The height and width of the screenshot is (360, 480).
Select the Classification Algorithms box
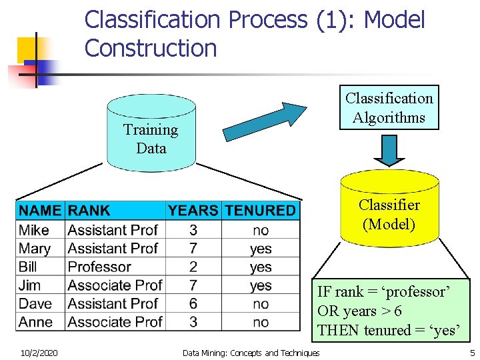click(389, 107)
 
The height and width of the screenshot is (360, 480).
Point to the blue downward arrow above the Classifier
click(389, 151)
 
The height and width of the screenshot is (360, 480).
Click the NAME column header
click(40, 211)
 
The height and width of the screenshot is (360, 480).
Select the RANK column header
click(89, 211)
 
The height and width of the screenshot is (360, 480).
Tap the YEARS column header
click(193, 211)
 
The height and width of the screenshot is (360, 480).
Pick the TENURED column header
click(260, 211)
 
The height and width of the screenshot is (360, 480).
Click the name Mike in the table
click(34, 230)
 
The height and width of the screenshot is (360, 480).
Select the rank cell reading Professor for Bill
click(99, 267)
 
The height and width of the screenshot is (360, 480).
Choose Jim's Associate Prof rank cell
click(115, 285)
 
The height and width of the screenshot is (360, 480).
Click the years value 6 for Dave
click(193, 303)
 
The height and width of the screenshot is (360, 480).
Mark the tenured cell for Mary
click(261, 249)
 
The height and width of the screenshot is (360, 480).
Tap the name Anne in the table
click(36, 322)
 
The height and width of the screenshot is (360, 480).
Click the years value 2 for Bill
click(193, 267)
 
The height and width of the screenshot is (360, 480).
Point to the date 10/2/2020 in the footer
click(38, 353)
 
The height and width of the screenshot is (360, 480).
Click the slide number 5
click(472, 353)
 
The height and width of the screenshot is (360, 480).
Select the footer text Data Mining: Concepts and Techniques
click(251, 353)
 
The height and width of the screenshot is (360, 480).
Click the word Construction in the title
click(151, 48)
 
